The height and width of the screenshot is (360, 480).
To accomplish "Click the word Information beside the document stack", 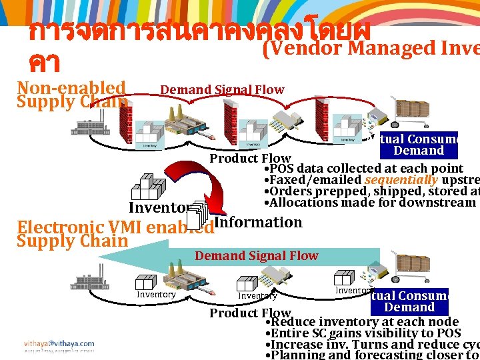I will pos(259,222).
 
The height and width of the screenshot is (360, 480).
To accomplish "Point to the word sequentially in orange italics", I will pos(401,180).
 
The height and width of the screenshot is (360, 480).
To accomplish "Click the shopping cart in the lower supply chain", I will pos(407,271).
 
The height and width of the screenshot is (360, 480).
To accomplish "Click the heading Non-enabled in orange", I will pos(71,88).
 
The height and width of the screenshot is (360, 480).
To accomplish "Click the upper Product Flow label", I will pos(250,158).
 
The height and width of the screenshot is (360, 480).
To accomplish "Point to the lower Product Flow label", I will pos(250,313).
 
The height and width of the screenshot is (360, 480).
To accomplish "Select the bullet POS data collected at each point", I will pos(363,169).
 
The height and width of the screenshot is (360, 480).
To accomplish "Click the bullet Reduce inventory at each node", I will pos(361,322).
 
